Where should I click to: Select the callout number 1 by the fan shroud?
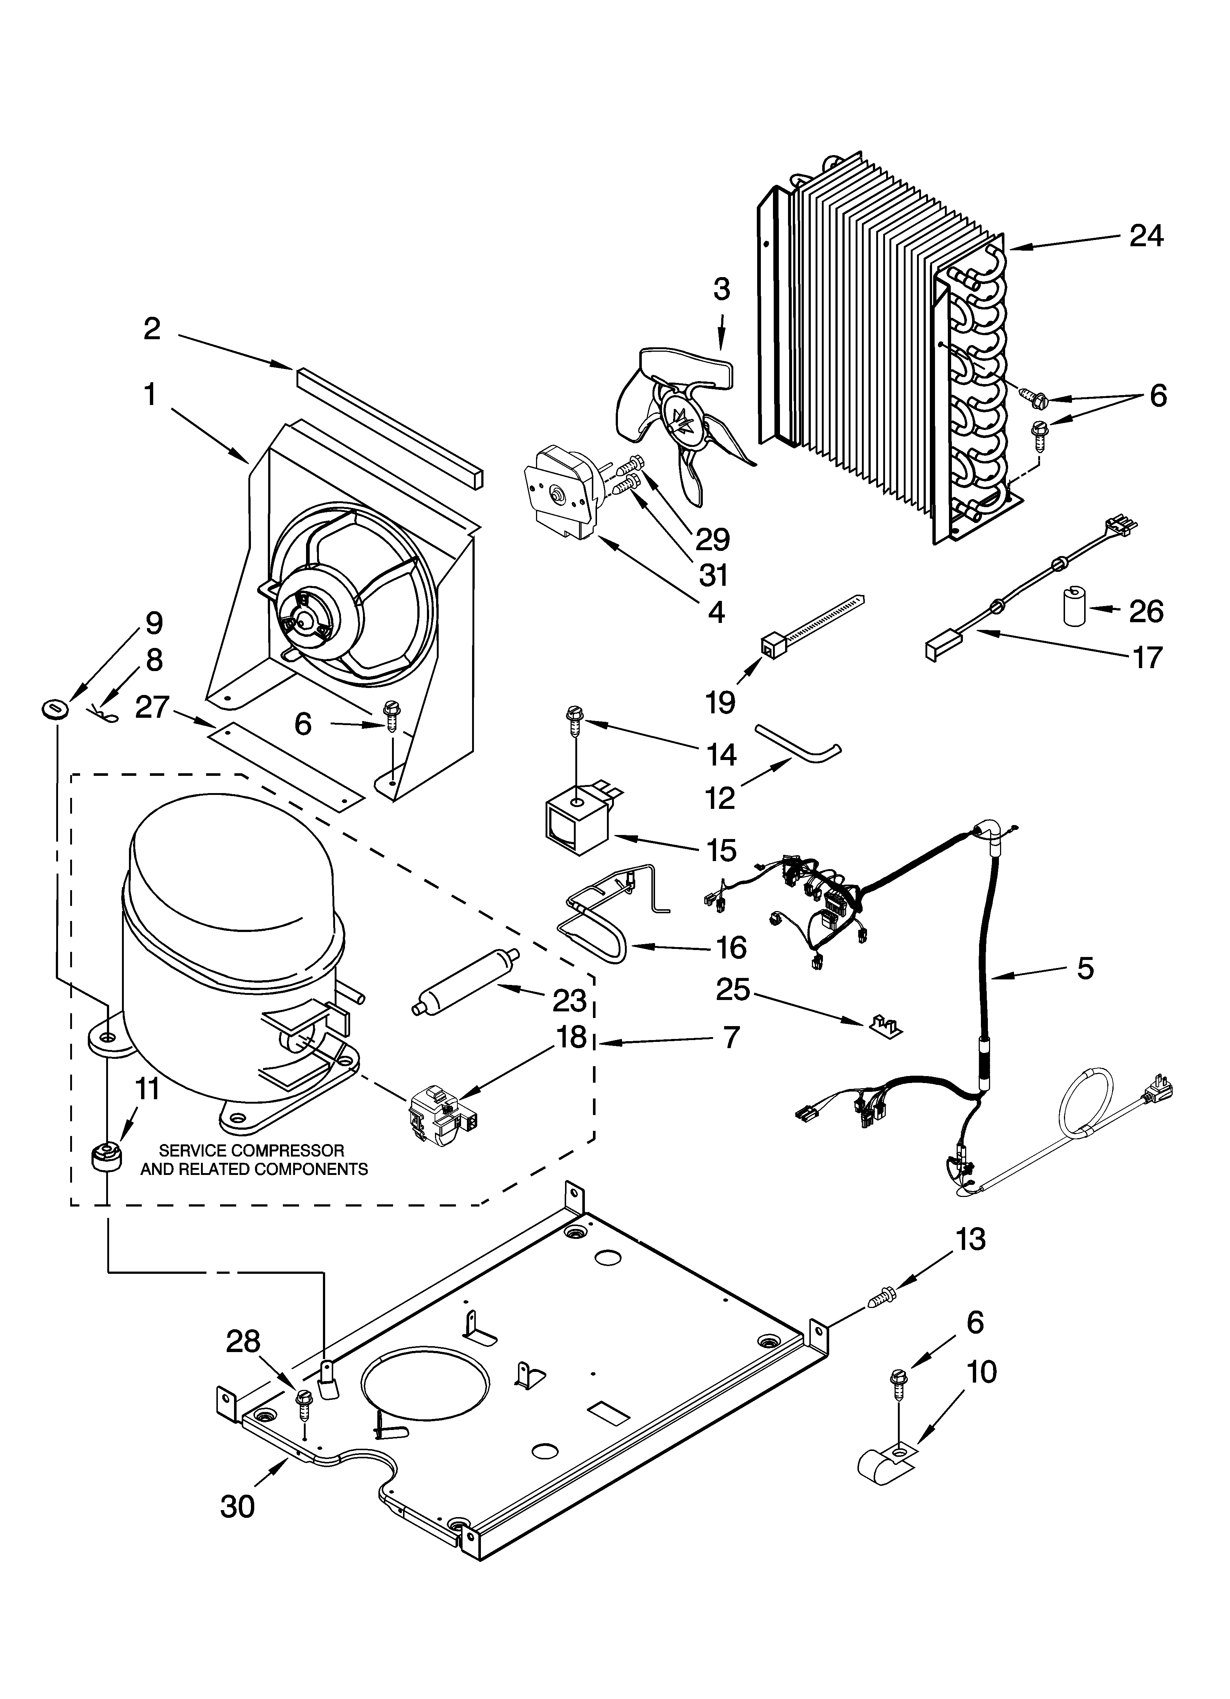[x=151, y=394]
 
